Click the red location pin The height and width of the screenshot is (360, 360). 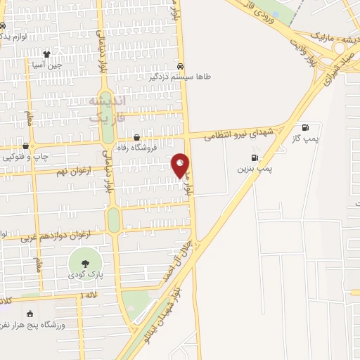[x=181, y=166]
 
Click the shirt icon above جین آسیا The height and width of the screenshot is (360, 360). [x=47, y=53]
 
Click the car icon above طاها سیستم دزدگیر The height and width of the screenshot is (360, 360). [x=181, y=65]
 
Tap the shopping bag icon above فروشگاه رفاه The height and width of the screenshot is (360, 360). [x=136, y=138]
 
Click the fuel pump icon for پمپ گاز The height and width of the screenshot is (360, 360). [x=306, y=128]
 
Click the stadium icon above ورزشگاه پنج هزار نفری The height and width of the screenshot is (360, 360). [x=30, y=314]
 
